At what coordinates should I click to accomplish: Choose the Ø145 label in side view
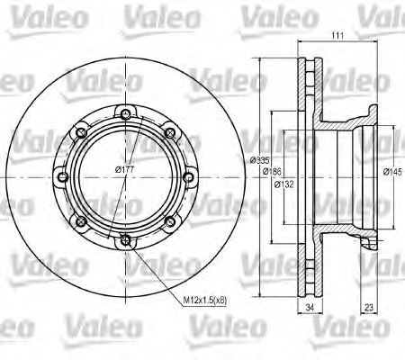coord(392,172)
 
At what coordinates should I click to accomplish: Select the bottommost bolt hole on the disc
coord(124,239)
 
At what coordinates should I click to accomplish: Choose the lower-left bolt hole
coord(80,221)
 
